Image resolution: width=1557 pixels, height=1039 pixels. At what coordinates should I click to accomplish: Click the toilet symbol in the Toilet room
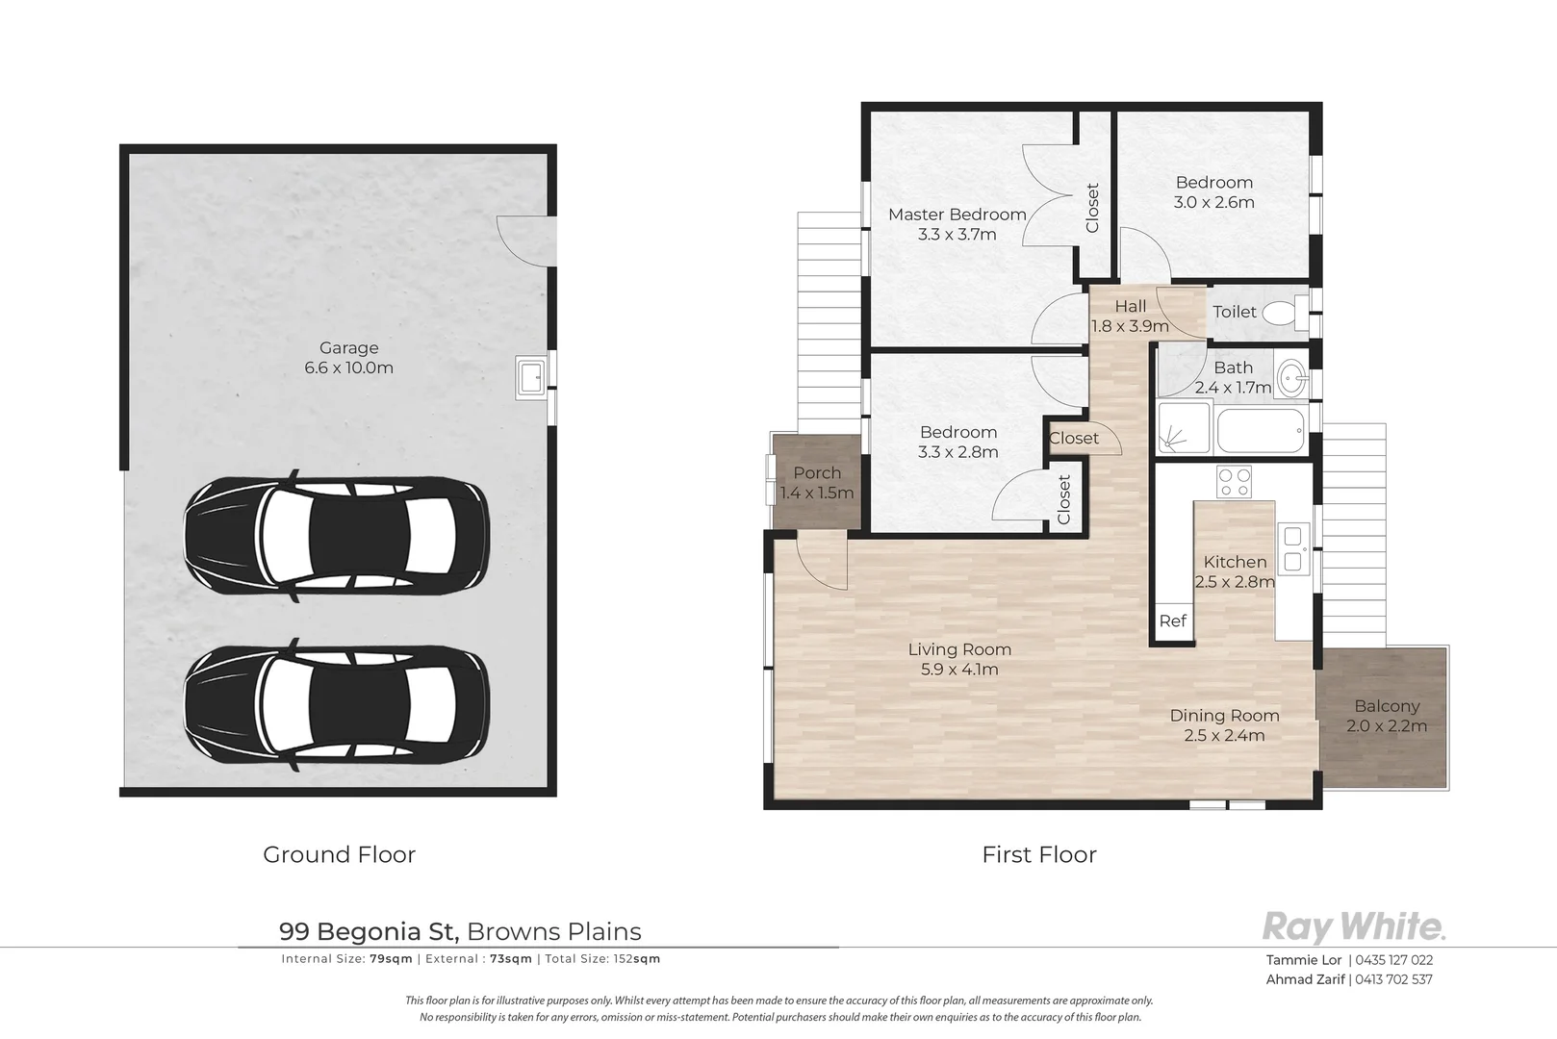pyautogui.click(x=1285, y=312)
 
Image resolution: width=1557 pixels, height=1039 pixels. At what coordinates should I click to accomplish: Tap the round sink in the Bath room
pyautogui.click(x=1292, y=379)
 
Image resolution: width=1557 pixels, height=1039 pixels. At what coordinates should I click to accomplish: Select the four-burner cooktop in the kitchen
pyautogui.click(x=1234, y=482)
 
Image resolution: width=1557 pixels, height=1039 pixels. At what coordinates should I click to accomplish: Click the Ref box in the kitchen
pyautogui.click(x=1173, y=621)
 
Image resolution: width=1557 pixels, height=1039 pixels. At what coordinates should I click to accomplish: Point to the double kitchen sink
pyautogui.click(x=1293, y=548)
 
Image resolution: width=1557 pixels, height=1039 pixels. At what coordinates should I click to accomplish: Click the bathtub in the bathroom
pyautogui.click(x=1261, y=430)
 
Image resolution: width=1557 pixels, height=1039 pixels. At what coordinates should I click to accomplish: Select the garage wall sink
pyautogui.click(x=531, y=377)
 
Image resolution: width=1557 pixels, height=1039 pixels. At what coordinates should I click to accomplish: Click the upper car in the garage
pyautogui.click(x=337, y=536)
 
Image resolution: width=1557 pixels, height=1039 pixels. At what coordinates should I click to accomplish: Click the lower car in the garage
pyautogui.click(x=337, y=704)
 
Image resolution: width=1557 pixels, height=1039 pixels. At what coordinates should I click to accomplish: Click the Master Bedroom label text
pyautogui.click(x=957, y=215)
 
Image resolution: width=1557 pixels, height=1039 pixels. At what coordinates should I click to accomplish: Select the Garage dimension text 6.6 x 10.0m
pyautogui.click(x=349, y=367)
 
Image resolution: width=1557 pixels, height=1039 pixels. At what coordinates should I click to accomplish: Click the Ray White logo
pyautogui.click(x=1353, y=926)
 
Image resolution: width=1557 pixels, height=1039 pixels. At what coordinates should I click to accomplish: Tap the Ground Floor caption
pyautogui.click(x=339, y=854)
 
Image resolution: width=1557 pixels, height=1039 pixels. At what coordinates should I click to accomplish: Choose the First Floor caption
pyautogui.click(x=1039, y=854)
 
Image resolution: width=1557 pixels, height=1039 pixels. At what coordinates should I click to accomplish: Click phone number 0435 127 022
pyautogui.click(x=1394, y=960)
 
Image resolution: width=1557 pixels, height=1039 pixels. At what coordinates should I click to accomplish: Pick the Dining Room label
pyautogui.click(x=1225, y=715)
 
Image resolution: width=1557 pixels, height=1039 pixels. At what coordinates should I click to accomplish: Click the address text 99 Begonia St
pyautogui.click(x=370, y=931)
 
